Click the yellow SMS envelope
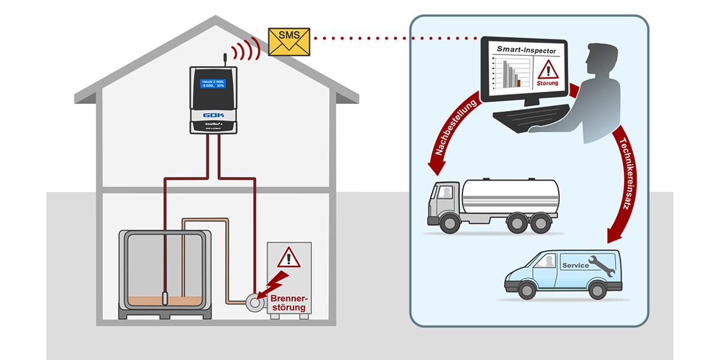tap(289, 41)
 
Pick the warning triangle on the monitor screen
tap(547, 70)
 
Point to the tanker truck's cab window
tap(445, 192)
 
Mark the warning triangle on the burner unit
tap(289, 258)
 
